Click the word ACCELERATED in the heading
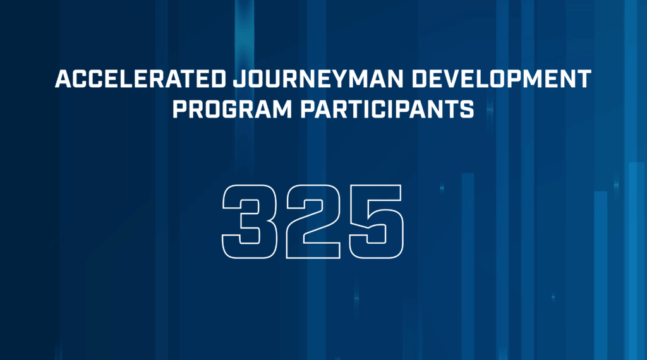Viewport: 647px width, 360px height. [140, 78]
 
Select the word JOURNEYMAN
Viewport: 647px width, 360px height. [318, 78]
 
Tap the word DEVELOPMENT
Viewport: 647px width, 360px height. [501, 78]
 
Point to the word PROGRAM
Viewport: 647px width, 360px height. [233, 109]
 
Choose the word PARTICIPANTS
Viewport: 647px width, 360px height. [387, 109]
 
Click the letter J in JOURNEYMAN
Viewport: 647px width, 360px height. [239, 79]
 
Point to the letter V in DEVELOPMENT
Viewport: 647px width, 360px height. [452, 78]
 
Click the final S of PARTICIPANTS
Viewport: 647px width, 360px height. [467, 109]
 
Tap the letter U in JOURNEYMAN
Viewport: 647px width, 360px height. [273, 79]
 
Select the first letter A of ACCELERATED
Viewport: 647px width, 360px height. [63, 78]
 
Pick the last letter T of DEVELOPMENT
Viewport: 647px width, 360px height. [584, 78]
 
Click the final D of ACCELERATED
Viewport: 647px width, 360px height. [218, 78]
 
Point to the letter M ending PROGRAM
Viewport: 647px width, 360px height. [282, 109]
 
